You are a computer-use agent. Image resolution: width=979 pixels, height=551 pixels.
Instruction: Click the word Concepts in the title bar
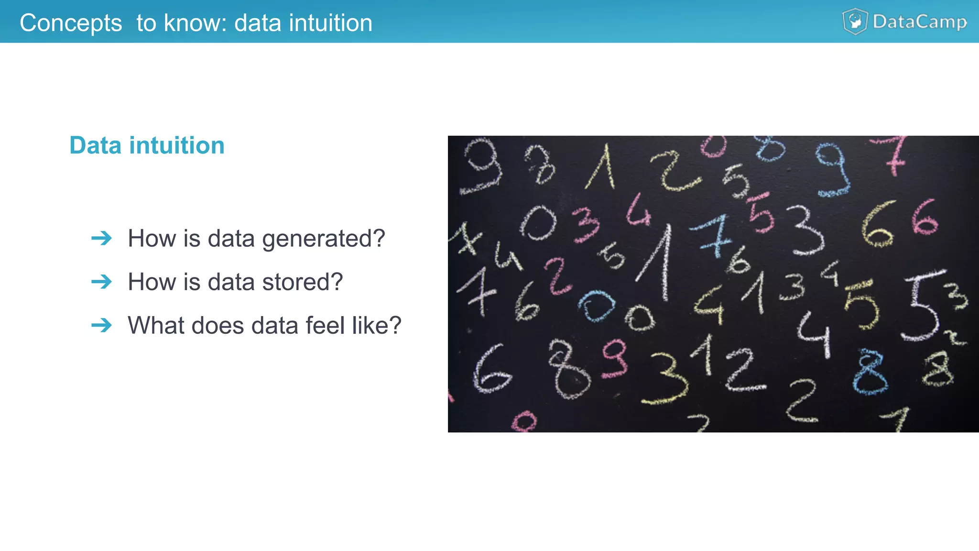71,23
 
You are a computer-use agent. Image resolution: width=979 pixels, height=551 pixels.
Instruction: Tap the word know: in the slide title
195,23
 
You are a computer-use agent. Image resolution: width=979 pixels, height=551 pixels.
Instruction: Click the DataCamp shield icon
855,22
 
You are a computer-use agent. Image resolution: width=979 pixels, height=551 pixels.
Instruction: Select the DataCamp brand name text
919,22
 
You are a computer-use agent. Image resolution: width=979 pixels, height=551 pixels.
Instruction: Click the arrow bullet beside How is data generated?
101,238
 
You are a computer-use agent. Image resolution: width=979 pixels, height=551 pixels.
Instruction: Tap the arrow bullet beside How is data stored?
101,282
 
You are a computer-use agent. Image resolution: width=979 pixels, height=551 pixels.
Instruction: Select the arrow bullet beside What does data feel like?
101,325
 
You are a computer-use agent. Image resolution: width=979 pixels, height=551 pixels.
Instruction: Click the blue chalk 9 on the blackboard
833,170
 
